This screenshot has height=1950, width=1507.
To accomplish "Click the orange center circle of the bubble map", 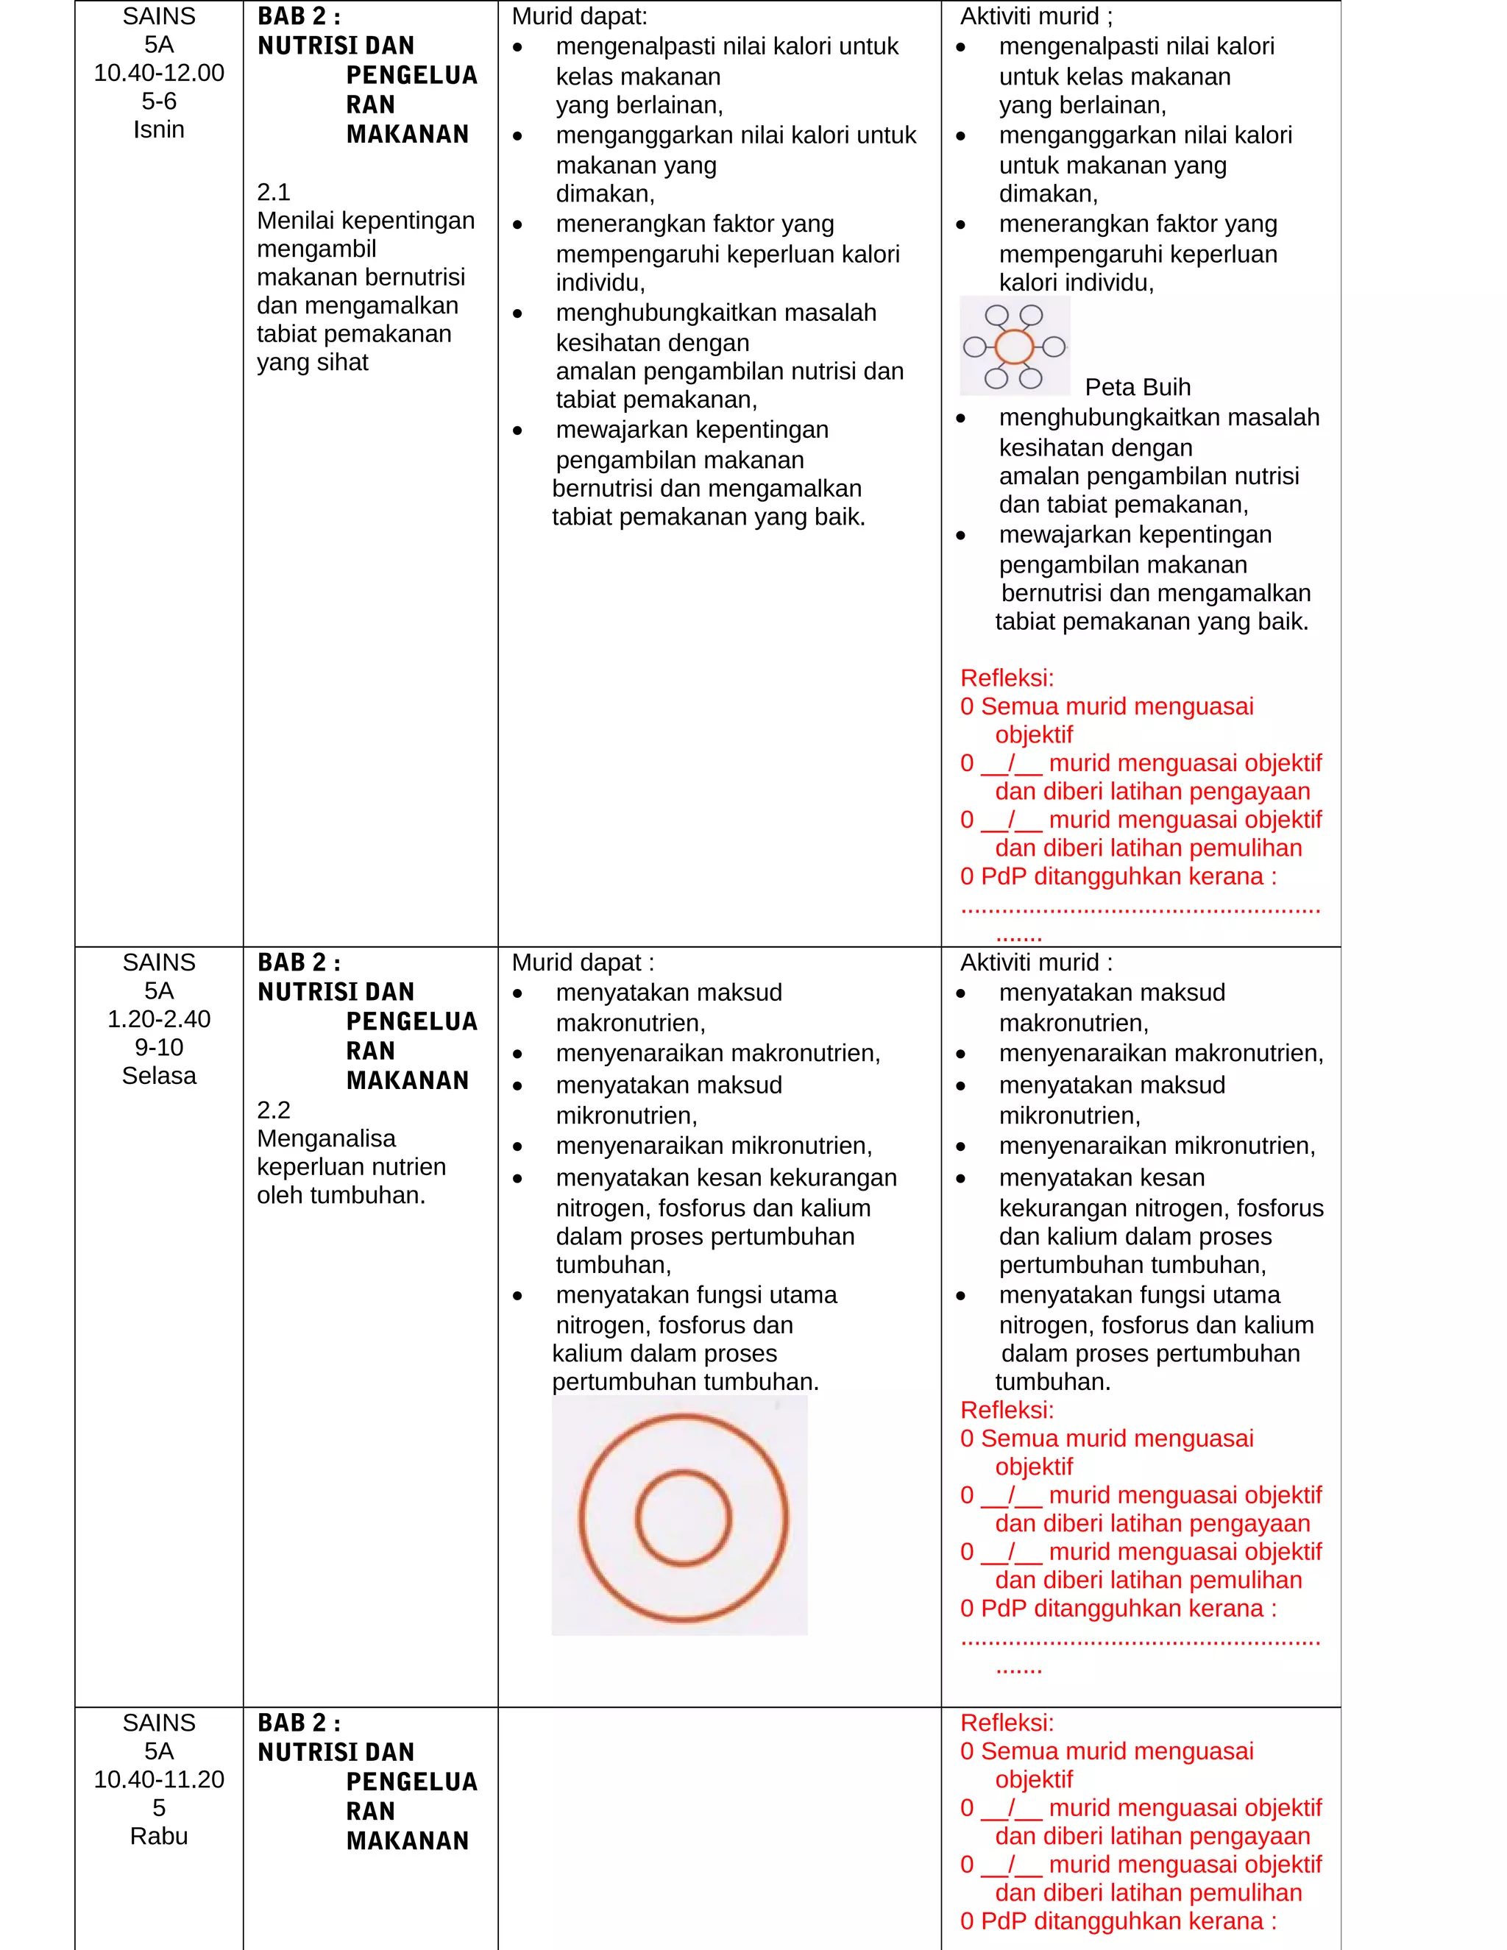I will point(1013,347).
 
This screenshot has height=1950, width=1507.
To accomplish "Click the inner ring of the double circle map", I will point(683,1518).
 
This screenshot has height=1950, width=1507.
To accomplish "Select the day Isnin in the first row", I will point(159,130).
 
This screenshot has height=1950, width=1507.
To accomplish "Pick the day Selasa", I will point(159,1075).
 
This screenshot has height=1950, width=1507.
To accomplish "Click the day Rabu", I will point(159,1836).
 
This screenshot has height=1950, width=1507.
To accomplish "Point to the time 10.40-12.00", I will point(159,73).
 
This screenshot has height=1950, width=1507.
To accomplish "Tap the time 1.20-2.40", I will point(159,1018).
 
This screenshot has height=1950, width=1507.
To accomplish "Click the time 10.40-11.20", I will point(159,1779).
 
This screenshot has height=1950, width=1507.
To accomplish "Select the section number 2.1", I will point(273,192).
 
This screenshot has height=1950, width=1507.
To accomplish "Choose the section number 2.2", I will point(273,1110).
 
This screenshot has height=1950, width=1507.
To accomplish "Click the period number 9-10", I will point(159,1047).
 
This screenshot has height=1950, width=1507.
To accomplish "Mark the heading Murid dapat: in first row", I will point(579,16).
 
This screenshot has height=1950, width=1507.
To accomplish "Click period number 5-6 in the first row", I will point(159,101).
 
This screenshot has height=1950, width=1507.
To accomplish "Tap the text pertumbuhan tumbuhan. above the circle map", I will point(685,1381).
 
